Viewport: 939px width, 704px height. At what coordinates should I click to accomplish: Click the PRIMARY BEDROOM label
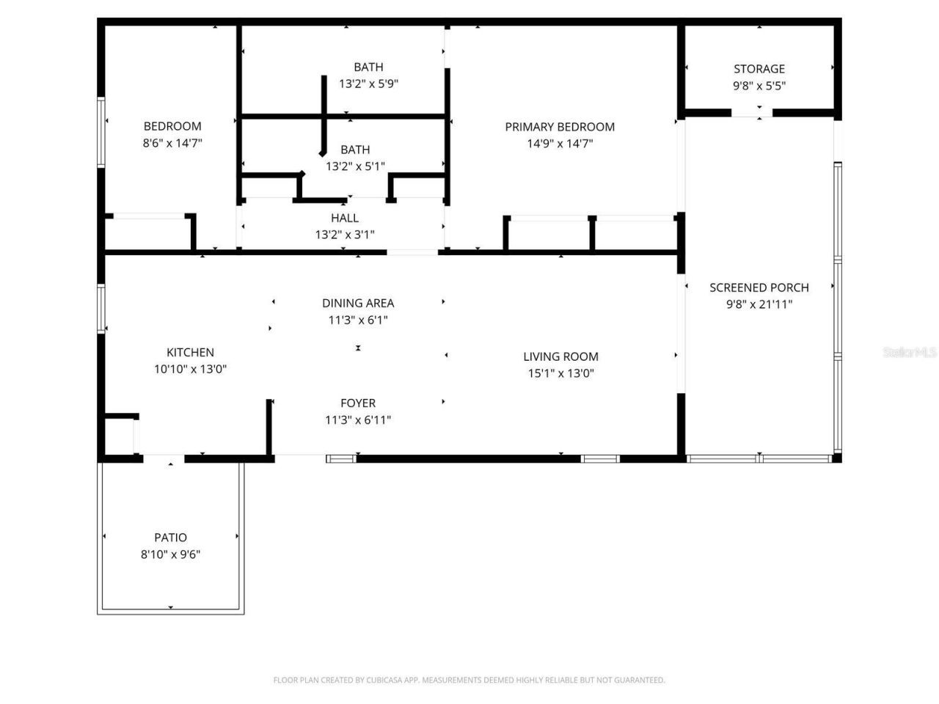(560, 127)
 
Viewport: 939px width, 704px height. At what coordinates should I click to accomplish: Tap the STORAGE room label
(759, 69)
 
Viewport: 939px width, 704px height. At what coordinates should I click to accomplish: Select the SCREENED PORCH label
(759, 287)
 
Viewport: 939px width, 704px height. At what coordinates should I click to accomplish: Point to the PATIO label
(170, 538)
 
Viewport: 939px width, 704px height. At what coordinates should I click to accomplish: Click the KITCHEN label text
(190, 353)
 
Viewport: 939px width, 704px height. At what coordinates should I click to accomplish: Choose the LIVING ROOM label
(560, 357)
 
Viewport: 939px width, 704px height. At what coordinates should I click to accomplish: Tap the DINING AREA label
(358, 303)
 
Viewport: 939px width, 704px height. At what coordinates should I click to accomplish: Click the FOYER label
(358, 403)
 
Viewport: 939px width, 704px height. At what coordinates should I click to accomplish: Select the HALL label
(345, 218)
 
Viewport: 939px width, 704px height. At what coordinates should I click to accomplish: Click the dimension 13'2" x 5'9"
(368, 84)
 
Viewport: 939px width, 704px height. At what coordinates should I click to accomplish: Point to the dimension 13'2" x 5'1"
(355, 166)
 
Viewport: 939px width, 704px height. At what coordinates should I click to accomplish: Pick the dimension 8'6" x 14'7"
(172, 144)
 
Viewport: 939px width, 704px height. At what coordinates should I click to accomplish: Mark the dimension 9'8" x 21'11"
(759, 304)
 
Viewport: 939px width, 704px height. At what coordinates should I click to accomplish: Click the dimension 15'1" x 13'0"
(560, 373)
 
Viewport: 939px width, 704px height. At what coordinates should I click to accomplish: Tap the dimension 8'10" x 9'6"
(170, 554)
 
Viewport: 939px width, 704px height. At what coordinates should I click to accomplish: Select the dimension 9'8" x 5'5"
(759, 86)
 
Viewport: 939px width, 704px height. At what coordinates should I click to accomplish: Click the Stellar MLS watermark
(909, 353)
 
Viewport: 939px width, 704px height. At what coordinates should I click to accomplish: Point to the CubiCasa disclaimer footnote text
(469, 681)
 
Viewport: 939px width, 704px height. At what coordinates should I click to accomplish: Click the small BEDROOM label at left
(172, 126)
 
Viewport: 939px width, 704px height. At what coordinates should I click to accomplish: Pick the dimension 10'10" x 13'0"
(190, 370)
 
